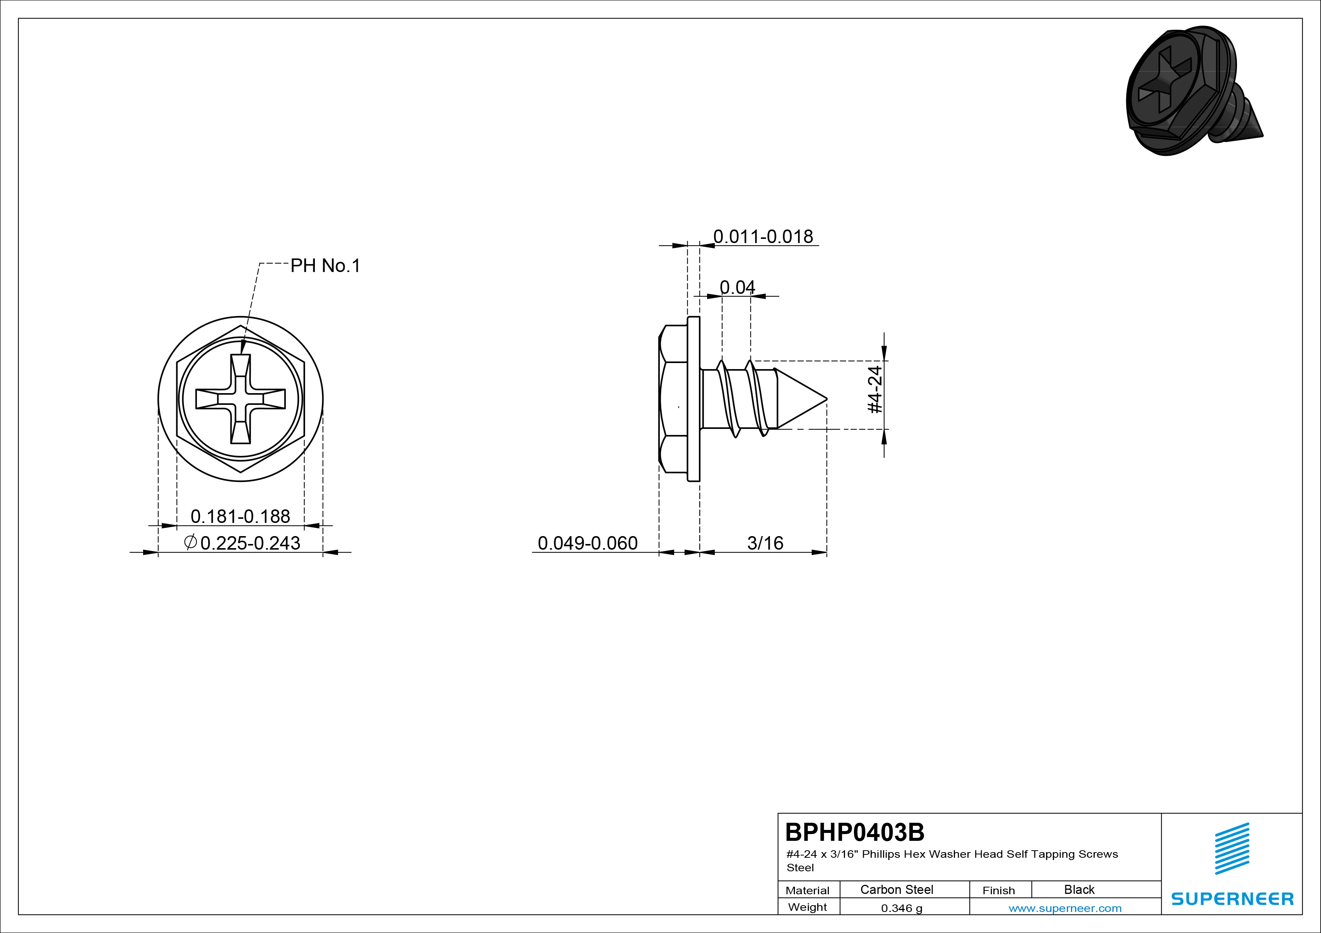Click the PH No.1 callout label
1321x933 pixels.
[325, 266]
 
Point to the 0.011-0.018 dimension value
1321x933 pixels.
[763, 236]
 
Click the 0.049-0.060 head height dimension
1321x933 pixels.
[587, 542]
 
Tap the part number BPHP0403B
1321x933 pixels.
[854, 832]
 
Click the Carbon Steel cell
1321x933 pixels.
[896, 889]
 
